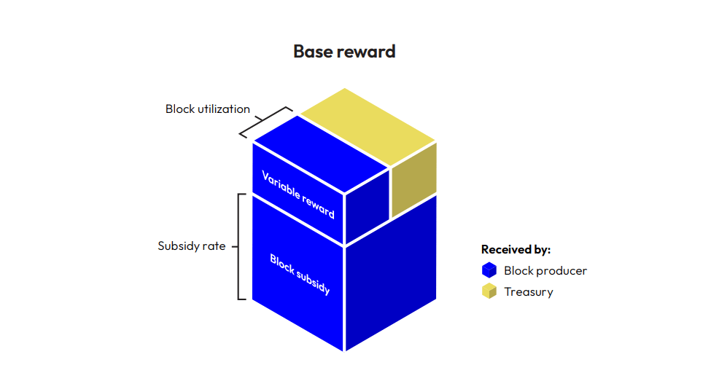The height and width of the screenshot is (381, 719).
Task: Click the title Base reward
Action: (344, 52)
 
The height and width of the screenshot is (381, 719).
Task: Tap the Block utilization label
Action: (208, 109)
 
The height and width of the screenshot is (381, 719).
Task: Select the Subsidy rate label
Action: (193, 246)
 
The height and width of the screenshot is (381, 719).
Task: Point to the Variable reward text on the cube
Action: (298, 195)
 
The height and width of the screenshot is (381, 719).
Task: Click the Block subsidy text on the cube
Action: (300, 274)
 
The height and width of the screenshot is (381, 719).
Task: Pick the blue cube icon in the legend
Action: (489, 270)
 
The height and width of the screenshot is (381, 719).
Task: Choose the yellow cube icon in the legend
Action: (489, 292)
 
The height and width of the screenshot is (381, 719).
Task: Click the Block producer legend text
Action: (545, 270)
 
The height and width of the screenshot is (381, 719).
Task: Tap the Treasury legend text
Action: (529, 292)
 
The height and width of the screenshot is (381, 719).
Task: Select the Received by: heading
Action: (516, 250)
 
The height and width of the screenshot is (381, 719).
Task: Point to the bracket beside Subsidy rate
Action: (241, 246)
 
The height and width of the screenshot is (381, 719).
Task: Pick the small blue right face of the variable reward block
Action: (367, 208)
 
